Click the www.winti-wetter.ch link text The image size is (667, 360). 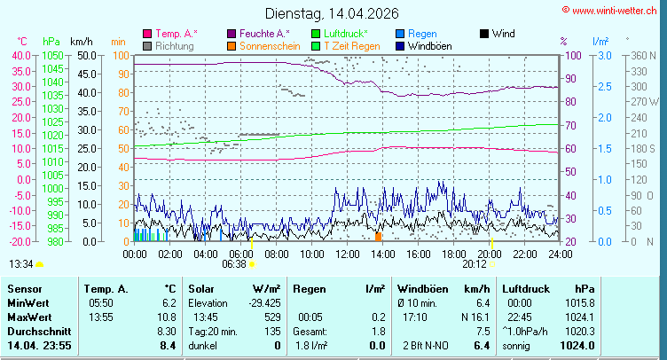tap(613, 10)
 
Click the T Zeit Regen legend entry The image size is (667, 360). tap(351, 45)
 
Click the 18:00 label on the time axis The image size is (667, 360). tap(453, 254)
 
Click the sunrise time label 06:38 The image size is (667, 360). tap(234, 264)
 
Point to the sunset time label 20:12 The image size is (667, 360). tap(475, 264)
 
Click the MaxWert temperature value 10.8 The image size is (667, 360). tap(167, 317)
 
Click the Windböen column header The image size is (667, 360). tap(422, 289)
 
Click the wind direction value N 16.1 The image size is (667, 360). tap(475, 317)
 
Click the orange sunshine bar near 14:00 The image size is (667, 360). tap(379, 237)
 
